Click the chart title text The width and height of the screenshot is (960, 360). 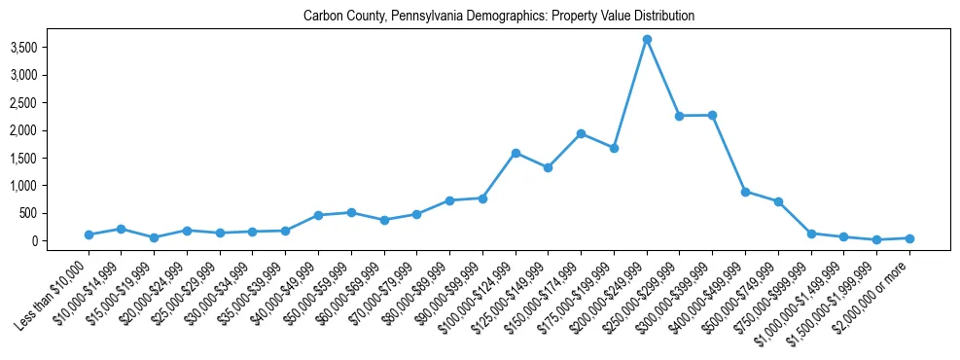pyautogui.click(x=499, y=17)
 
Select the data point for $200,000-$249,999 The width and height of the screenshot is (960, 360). pyautogui.click(x=647, y=40)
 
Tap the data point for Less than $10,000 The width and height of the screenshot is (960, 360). pyautogui.click(x=89, y=234)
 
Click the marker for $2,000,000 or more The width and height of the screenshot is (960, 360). pyautogui.click(x=909, y=238)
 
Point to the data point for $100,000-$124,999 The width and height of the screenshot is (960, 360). pyautogui.click(x=516, y=153)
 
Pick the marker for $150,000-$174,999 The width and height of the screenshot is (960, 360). pyautogui.click(x=581, y=133)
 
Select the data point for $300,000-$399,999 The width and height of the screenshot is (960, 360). pyautogui.click(x=712, y=115)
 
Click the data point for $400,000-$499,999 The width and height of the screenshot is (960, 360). pyautogui.click(x=745, y=192)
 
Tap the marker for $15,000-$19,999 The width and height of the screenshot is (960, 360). pyautogui.click(x=154, y=237)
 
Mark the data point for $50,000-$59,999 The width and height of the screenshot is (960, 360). pyautogui.click(x=351, y=212)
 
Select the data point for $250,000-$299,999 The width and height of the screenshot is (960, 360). pyautogui.click(x=680, y=116)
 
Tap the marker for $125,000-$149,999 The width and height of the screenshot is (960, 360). pyautogui.click(x=548, y=167)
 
